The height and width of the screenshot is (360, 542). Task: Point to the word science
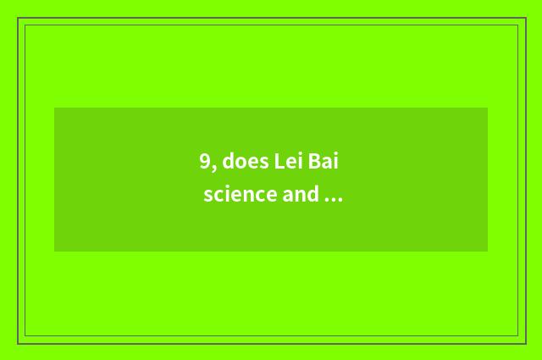(240, 195)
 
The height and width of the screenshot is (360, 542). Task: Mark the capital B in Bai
(319, 161)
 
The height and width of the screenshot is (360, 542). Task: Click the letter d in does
(229, 161)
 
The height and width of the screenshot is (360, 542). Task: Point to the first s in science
(207, 196)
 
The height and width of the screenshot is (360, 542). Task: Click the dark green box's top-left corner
(55, 108)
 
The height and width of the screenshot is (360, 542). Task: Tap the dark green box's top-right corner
(487, 108)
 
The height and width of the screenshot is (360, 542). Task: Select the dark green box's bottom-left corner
(55, 251)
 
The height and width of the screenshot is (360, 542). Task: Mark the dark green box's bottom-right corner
(487, 251)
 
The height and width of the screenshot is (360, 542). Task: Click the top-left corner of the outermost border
(19, 19)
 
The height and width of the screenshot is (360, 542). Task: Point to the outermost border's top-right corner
(525, 19)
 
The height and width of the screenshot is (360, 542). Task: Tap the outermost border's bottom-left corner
(19, 343)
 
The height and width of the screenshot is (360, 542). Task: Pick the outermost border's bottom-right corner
(525, 343)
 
